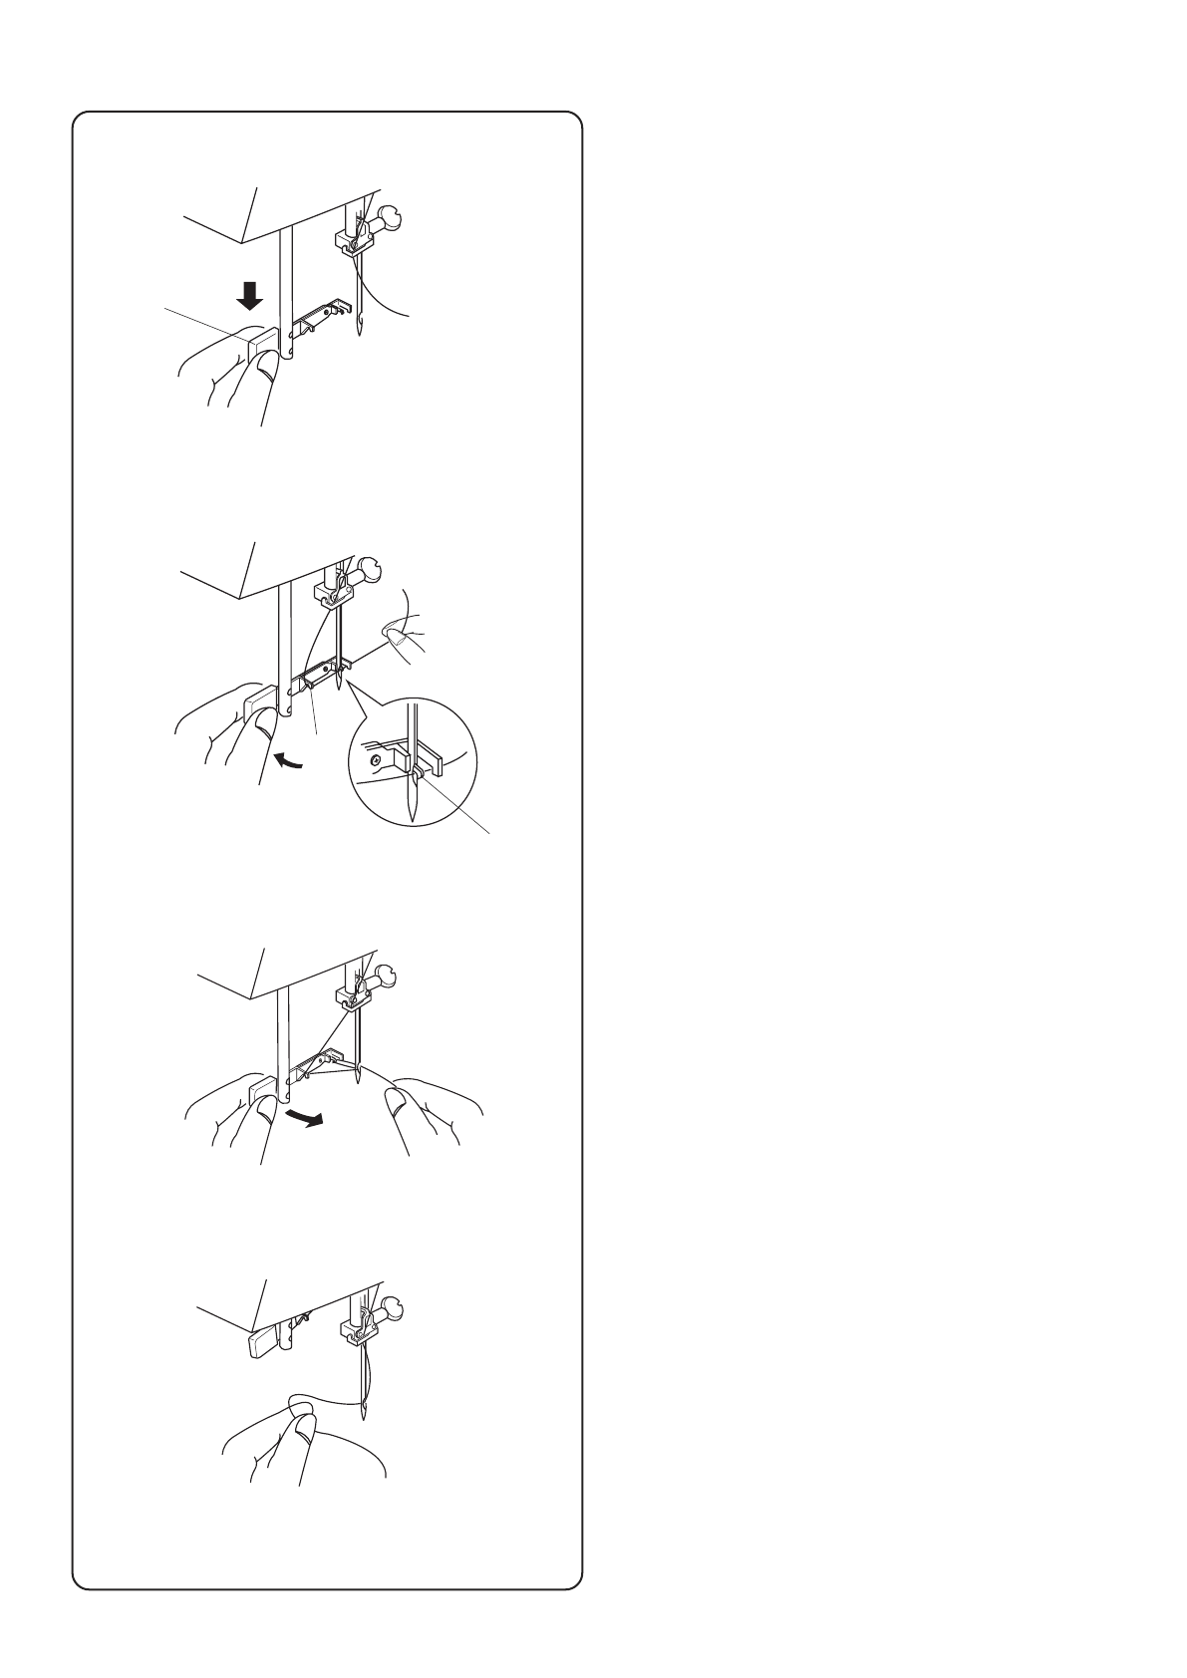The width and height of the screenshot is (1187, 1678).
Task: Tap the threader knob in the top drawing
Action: [x=261, y=348]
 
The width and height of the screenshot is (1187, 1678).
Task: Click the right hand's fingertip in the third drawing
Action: [x=397, y=1099]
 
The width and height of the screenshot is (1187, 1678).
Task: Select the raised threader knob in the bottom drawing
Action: [x=264, y=1344]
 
